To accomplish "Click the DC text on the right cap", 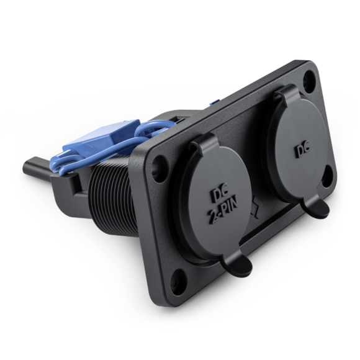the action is (302, 150).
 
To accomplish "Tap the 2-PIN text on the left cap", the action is (224, 210).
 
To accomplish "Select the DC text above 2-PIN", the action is (220, 195).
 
